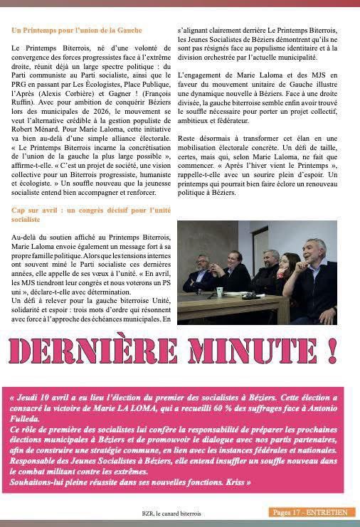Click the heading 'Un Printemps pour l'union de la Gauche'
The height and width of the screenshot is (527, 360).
77,31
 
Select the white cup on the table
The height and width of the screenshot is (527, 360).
220,291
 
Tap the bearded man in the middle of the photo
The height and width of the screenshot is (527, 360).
270,260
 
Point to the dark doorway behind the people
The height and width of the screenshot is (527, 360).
216,242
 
